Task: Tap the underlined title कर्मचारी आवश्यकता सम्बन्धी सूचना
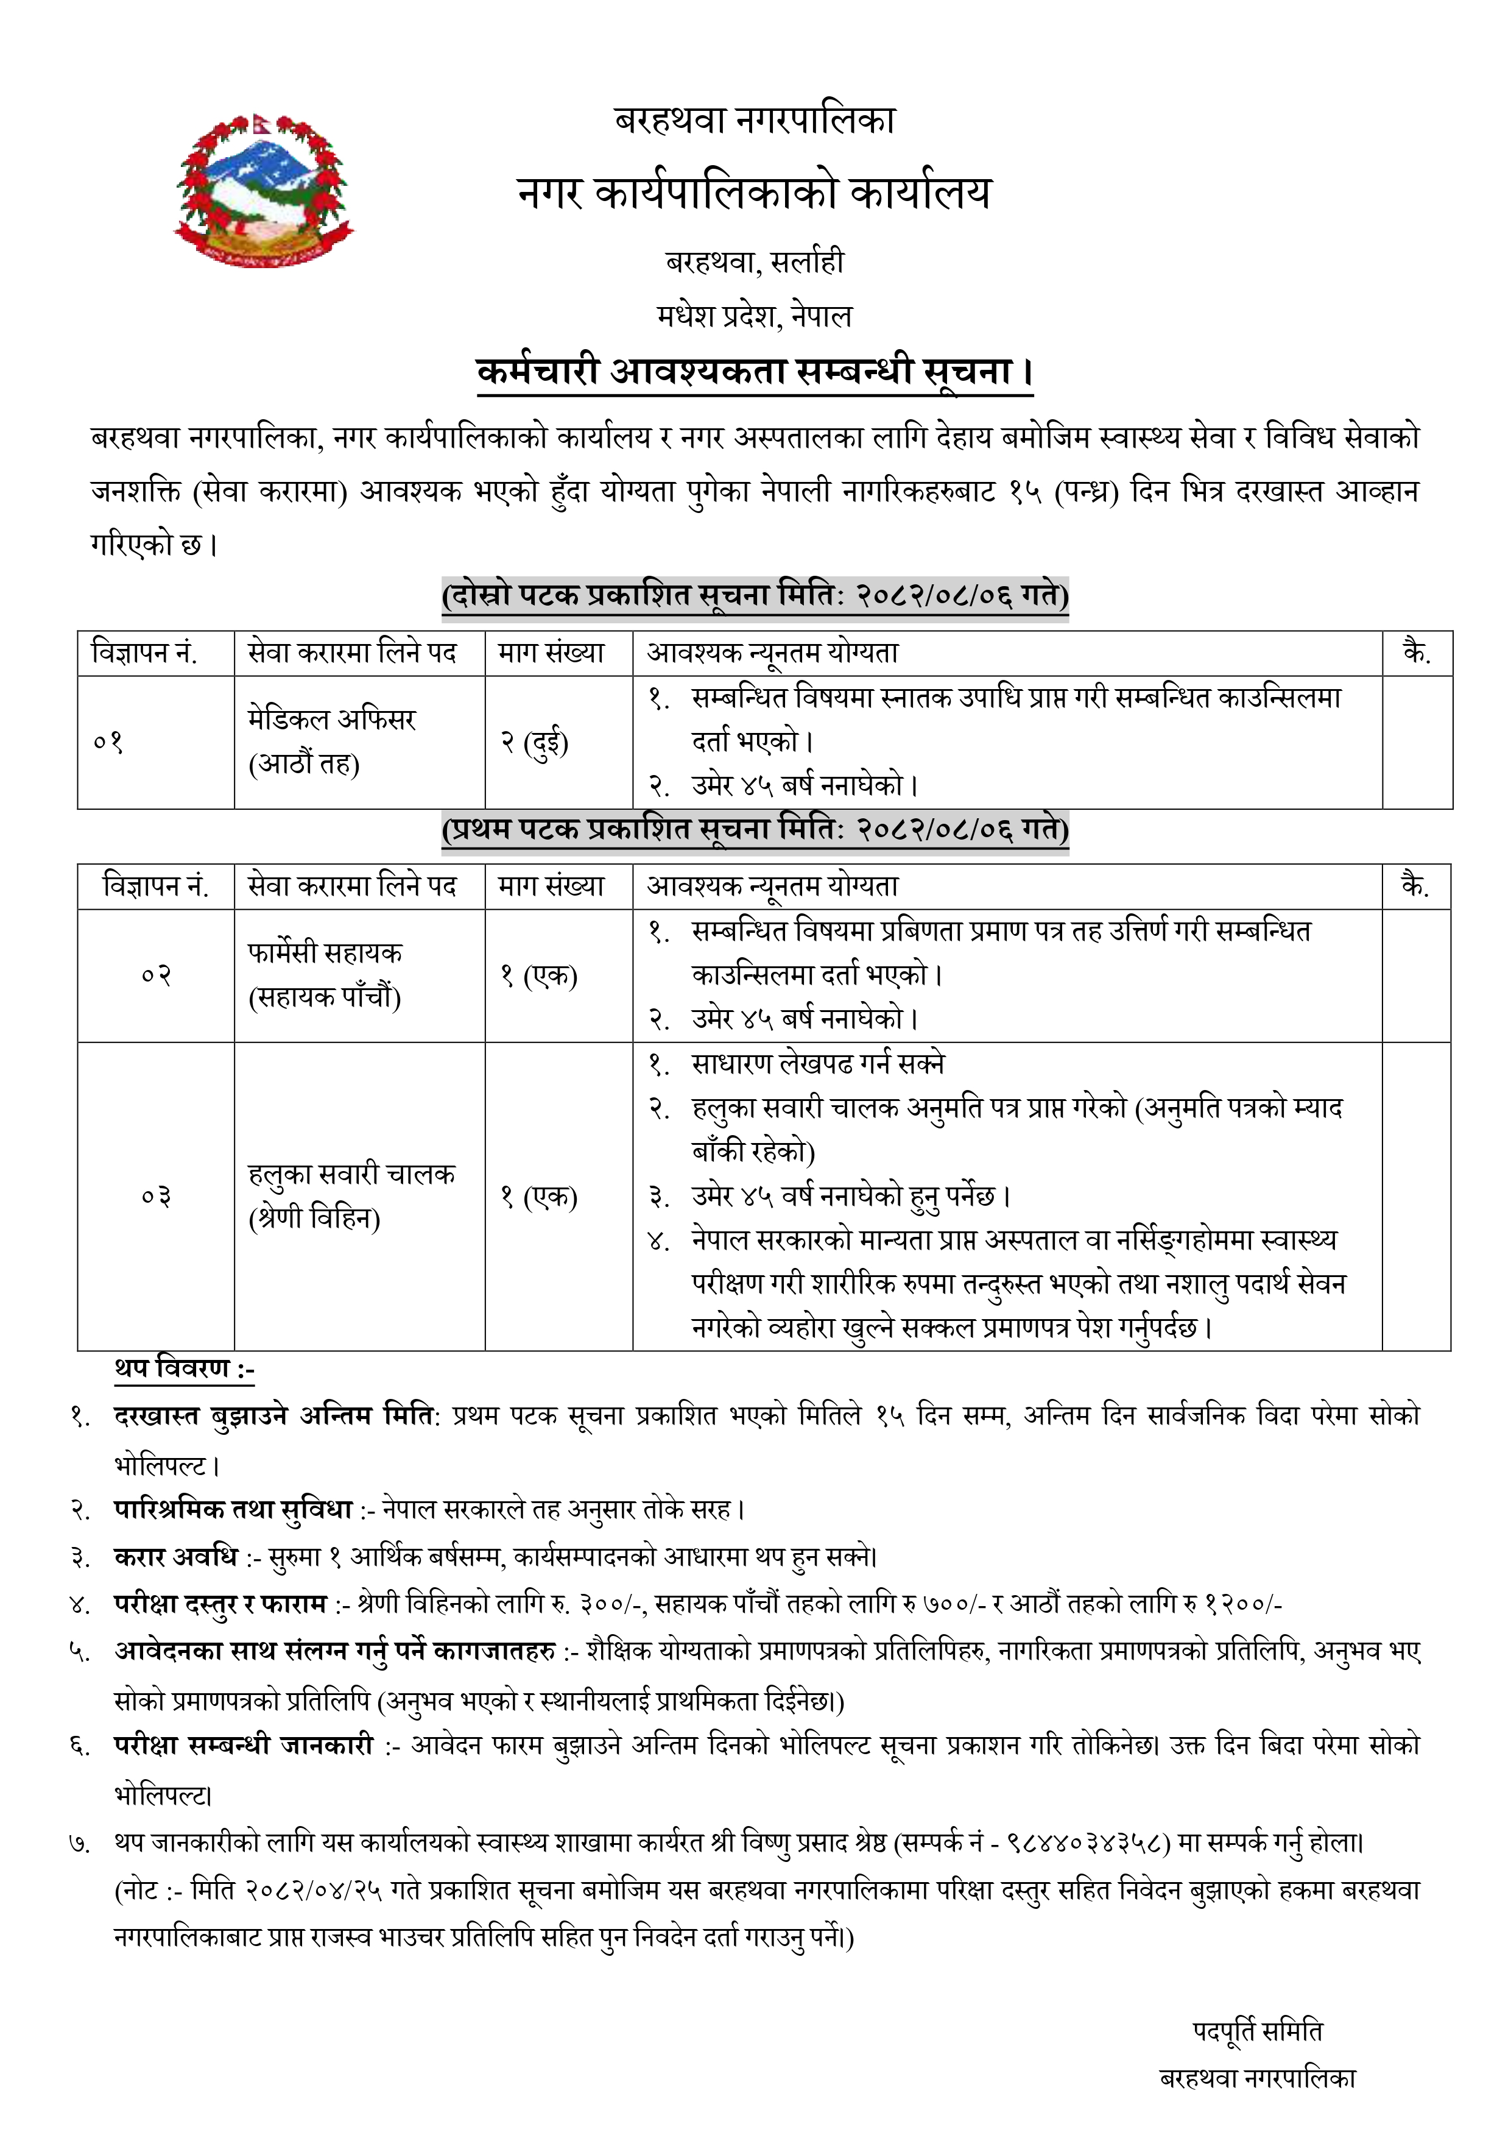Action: [754, 372]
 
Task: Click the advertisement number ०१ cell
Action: [109, 742]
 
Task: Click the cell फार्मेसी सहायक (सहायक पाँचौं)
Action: [325, 975]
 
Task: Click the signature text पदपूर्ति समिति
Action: [1257, 2031]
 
